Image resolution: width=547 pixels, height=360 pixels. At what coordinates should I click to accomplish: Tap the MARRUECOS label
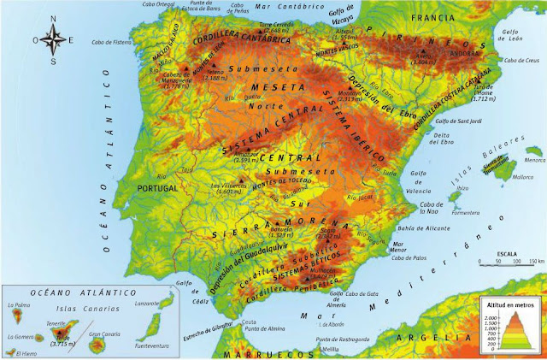click(265, 352)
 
